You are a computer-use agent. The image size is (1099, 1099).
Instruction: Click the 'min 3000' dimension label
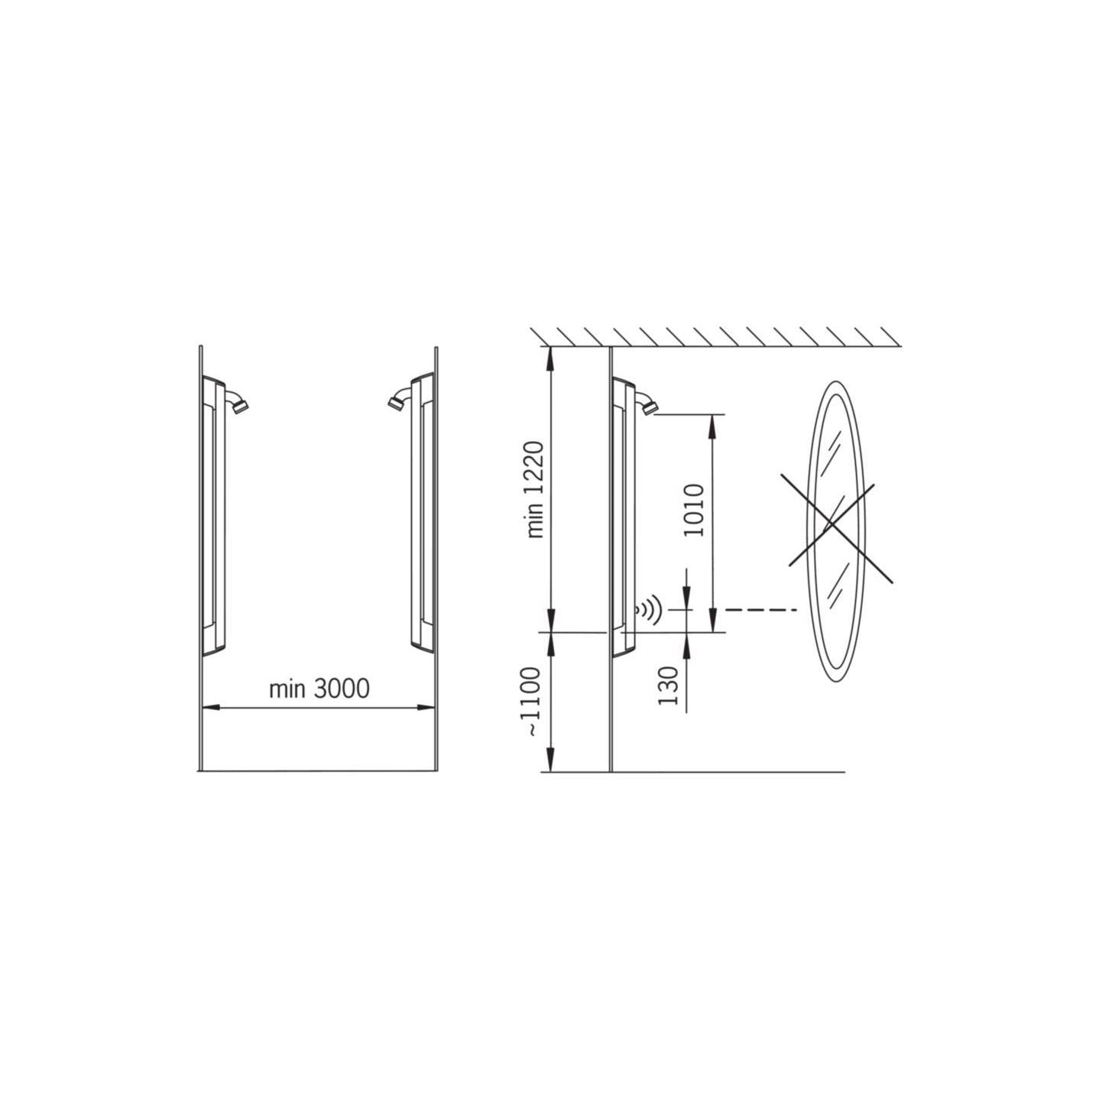tap(319, 689)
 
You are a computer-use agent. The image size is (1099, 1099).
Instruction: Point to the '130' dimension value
tap(668, 686)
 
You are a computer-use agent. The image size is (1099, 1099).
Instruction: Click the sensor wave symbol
tap(649, 610)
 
